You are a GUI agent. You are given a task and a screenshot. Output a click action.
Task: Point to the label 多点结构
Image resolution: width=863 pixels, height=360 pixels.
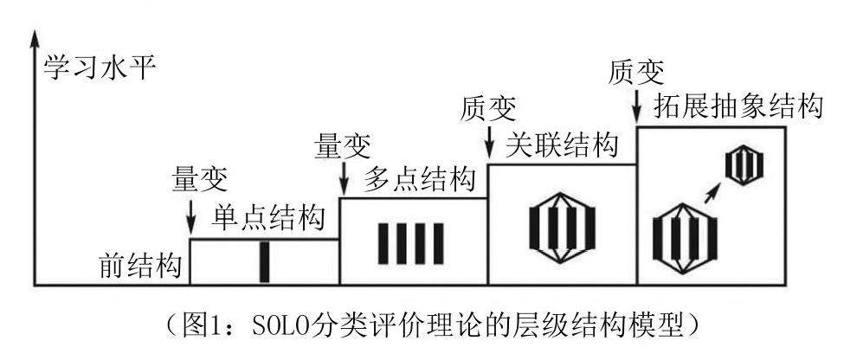tap(420, 181)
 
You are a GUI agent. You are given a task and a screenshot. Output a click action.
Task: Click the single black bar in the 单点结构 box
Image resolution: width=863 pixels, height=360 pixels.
tap(264, 261)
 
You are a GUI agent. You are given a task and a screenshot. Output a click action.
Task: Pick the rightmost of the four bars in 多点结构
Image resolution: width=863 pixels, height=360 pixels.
tap(440, 243)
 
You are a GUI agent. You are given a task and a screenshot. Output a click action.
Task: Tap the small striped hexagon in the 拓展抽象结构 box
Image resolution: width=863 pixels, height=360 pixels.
tap(744, 164)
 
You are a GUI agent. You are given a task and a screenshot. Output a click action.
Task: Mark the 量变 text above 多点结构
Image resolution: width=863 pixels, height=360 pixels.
tap(345, 145)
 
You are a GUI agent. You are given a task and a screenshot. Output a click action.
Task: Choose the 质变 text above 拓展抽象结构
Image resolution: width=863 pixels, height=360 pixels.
tap(638, 70)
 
